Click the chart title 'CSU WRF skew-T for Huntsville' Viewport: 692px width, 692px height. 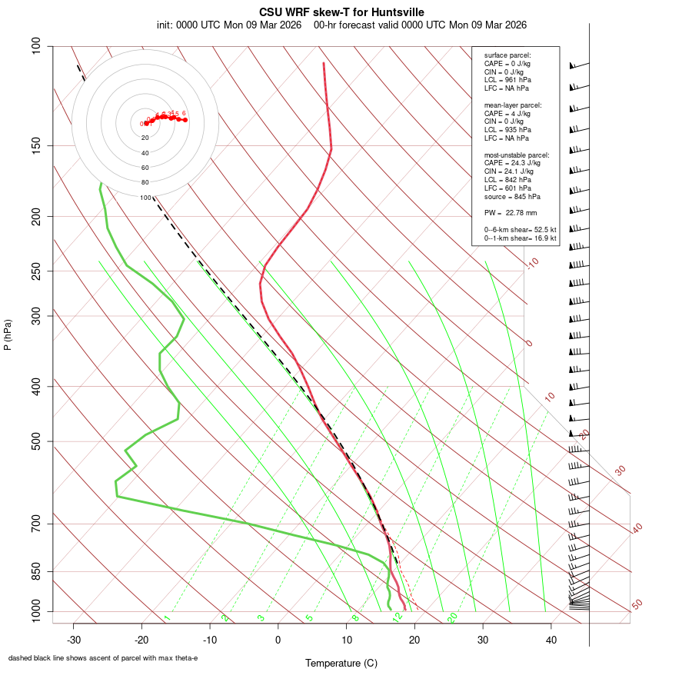tap(341, 12)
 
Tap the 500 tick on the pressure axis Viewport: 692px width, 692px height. tap(37, 441)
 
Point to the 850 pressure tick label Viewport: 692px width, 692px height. tap(37, 571)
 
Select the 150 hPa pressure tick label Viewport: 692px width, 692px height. tap(37, 145)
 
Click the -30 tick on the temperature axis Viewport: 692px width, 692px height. tap(74, 640)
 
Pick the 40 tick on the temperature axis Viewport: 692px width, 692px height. tap(551, 640)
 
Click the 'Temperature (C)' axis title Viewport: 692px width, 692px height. tap(341, 663)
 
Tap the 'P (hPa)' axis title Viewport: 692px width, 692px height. tap(8, 335)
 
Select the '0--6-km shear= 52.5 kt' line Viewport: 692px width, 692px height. tap(521, 229)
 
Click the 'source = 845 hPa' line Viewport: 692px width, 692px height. tap(513, 197)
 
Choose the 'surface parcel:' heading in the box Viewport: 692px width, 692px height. tap(507, 55)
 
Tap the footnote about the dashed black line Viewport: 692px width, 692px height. tap(103, 658)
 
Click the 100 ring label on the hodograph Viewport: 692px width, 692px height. tap(145, 198)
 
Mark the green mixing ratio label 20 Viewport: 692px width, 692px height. tap(452, 617)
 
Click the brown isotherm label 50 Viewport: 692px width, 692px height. tap(637, 604)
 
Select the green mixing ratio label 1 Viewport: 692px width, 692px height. tap(167, 618)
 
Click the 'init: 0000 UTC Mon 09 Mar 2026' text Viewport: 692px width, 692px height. tap(229, 25)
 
